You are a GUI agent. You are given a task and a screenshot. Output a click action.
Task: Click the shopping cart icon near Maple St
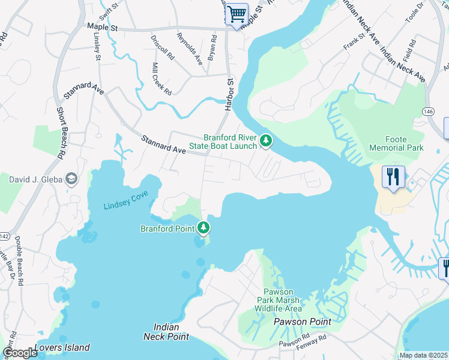pos(237,13)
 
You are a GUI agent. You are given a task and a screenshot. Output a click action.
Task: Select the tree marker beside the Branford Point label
pos(204,228)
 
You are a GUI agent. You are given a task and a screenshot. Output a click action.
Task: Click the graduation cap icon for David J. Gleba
pos(71,179)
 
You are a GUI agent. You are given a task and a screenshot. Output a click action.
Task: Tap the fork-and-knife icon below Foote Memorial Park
pos(393,177)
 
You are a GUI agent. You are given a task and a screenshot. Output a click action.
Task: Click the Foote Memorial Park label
pos(396,143)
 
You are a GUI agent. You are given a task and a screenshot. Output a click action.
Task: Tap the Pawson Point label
pos(303,322)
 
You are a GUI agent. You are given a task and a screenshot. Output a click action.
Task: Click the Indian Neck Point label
pos(166,331)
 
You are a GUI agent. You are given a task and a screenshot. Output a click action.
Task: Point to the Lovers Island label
pos(62,347)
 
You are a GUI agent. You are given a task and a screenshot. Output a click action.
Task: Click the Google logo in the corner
pos(21,352)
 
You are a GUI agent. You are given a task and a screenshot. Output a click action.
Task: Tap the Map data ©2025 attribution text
pos(423,355)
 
